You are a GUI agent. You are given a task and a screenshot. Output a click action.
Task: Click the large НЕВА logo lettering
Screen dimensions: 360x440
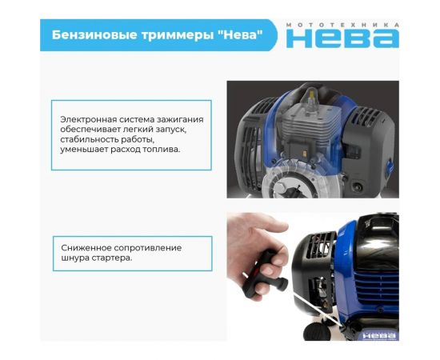(342, 38)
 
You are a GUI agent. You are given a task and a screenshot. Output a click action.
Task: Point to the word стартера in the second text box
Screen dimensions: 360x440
(113, 258)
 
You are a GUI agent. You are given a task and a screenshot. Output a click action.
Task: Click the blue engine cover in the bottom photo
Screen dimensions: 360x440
(376, 240)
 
